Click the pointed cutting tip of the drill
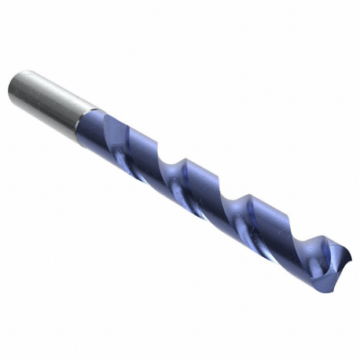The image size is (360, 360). pos(347,259)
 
